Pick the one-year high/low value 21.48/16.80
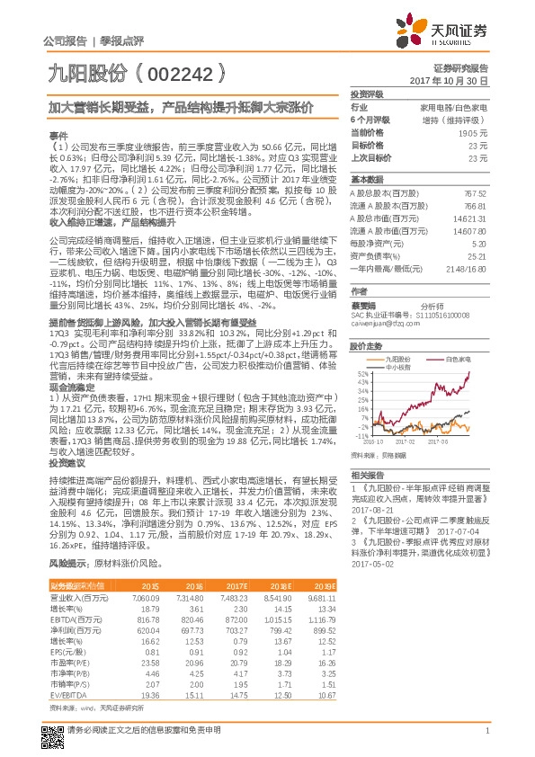coord(467,270)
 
